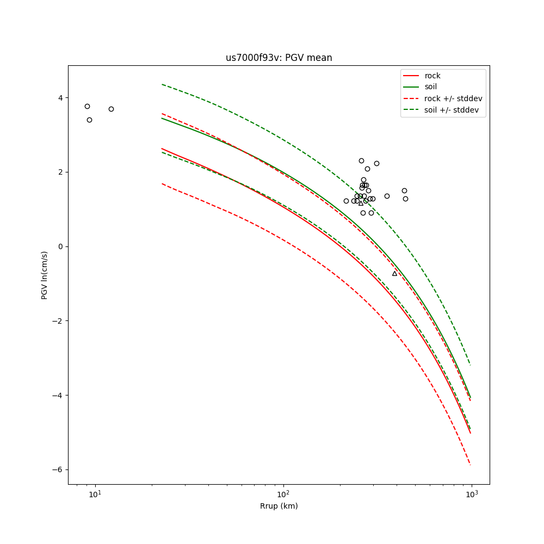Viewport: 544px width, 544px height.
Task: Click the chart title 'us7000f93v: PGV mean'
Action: click(279, 58)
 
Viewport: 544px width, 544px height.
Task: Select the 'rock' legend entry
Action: click(432, 76)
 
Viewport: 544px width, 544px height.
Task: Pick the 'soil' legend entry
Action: click(431, 86)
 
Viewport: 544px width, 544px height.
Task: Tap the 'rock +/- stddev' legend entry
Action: click(453, 98)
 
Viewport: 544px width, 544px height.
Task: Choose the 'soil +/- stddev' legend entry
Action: click(453, 109)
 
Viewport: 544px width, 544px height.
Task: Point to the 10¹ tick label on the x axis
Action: click(95, 494)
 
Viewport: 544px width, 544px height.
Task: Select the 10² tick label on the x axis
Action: click(283, 494)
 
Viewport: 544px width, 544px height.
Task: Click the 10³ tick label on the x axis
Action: click(471, 494)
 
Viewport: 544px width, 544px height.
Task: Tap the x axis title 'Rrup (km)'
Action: click(279, 506)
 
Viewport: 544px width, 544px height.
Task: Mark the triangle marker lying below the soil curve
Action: click(394, 273)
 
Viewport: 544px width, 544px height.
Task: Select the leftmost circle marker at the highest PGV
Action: click(87, 106)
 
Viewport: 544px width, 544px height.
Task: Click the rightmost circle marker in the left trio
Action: click(111, 109)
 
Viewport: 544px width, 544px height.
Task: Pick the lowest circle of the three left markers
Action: click(89, 120)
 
